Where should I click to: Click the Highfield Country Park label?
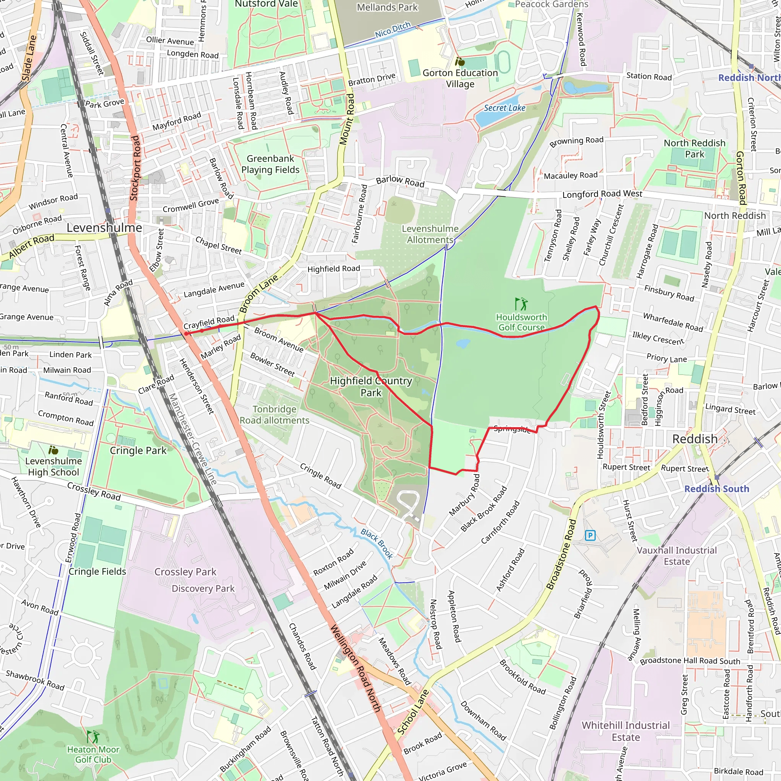point(371,386)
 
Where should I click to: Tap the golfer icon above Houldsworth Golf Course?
point(521,304)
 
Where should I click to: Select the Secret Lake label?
point(505,108)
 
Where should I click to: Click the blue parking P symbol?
point(590,536)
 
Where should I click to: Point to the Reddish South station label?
point(716,489)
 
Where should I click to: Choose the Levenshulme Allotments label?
point(430,234)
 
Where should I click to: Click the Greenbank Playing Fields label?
point(270,164)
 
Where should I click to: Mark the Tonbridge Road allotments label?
point(275,415)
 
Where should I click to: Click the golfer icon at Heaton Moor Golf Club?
point(93,736)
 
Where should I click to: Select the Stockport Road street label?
point(135,168)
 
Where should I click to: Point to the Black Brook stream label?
point(377,544)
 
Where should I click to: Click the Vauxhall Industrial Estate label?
point(677,556)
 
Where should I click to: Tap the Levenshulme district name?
point(104,228)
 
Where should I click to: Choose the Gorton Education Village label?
point(460,79)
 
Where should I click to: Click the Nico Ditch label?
point(392,29)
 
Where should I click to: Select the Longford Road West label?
point(602,194)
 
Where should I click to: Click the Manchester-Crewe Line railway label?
point(193,439)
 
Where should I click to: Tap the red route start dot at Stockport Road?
point(186,334)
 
